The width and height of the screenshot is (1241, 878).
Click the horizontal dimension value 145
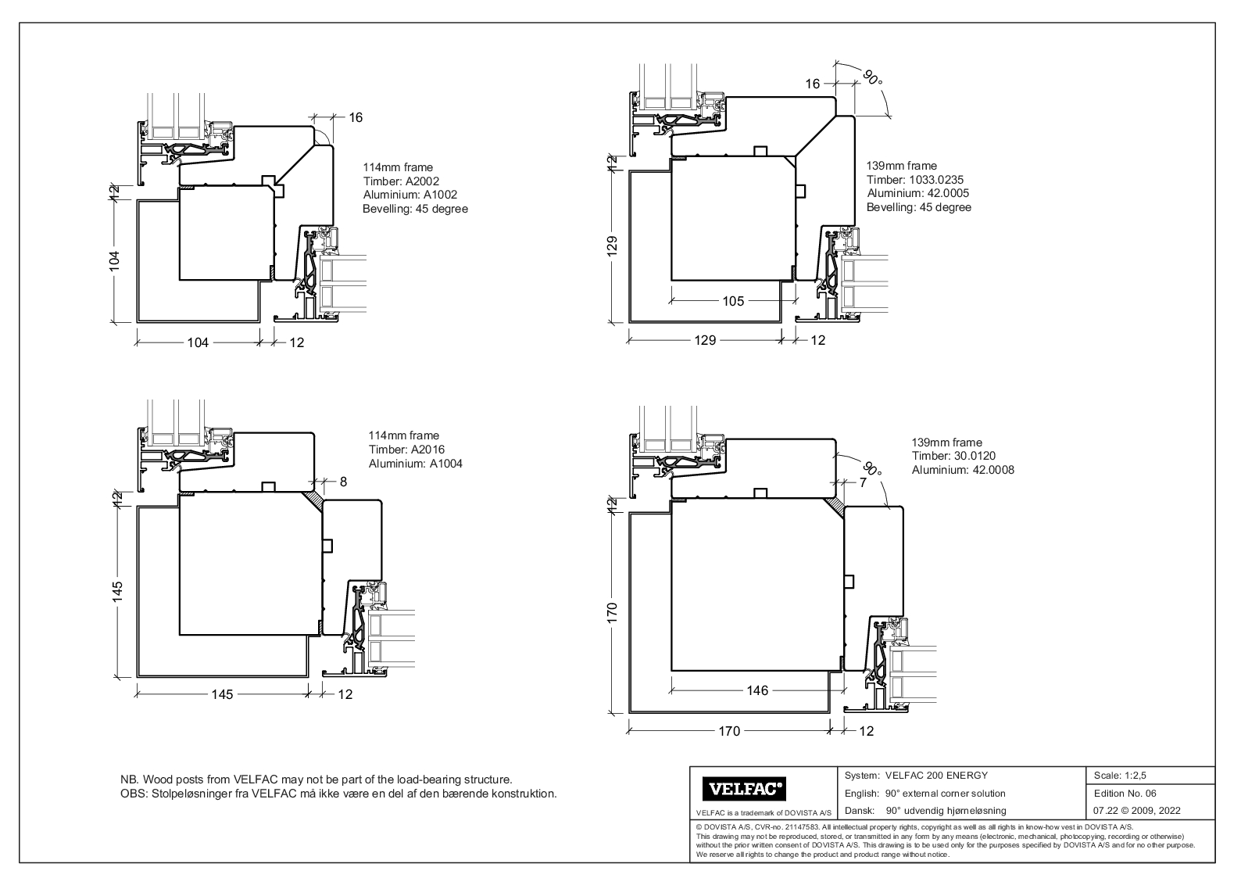click(223, 694)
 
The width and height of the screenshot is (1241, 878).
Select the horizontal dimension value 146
click(757, 690)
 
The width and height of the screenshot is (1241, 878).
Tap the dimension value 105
click(733, 301)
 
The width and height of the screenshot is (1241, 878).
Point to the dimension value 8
click(343, 482)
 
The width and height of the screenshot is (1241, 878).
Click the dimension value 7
click(863, 483)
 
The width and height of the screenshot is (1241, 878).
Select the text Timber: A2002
click(401, 181)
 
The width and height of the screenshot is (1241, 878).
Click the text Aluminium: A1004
click(415, 464)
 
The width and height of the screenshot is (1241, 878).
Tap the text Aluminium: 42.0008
click(963, 470)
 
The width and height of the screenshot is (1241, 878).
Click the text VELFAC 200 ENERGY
click(936, 776)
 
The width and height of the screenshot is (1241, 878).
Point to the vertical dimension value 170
click(613, 612)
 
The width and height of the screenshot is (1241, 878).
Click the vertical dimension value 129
click(613, 245)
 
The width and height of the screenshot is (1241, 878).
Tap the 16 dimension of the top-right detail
click(813, 84)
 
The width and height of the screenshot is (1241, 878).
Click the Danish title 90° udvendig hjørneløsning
click(946, 811)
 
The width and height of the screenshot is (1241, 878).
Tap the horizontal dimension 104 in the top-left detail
click(198, 342)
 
